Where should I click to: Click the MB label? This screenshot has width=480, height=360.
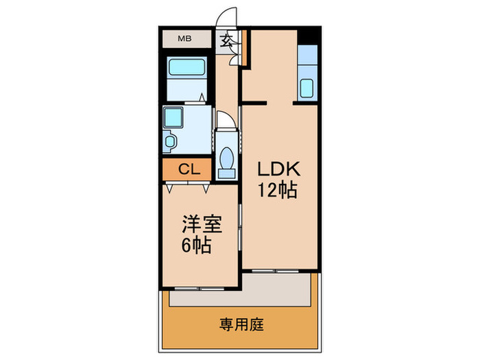coord(184,38)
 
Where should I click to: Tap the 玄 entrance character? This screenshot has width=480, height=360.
coord(227,40)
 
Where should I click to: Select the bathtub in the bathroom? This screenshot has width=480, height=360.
coord(187,68)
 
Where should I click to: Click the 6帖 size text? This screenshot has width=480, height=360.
coord(197,243)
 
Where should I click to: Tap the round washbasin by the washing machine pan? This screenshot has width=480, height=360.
coord(170,141)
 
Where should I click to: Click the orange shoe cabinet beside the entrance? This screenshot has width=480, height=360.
coord(244,48)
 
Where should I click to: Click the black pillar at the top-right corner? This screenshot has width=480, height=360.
coord(311,35)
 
